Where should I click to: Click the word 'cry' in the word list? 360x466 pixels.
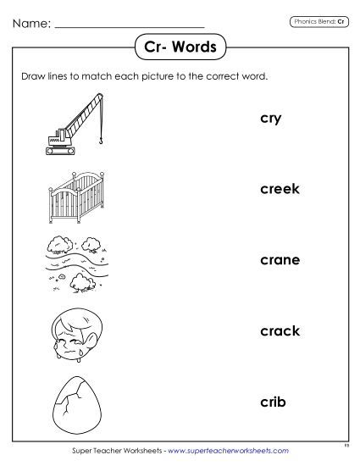click(270, 119)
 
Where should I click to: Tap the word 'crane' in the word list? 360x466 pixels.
click(280, 260)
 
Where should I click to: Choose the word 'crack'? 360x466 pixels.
click(280, 330)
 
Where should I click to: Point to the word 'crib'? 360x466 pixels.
click(272, 401)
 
